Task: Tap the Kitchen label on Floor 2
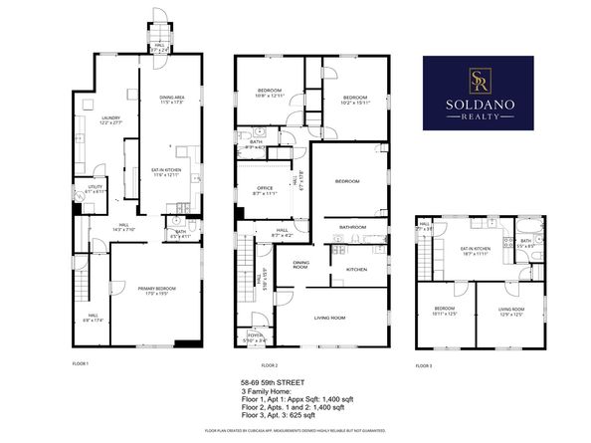356,270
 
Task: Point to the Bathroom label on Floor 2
353,227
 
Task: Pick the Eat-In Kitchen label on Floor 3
476,250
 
